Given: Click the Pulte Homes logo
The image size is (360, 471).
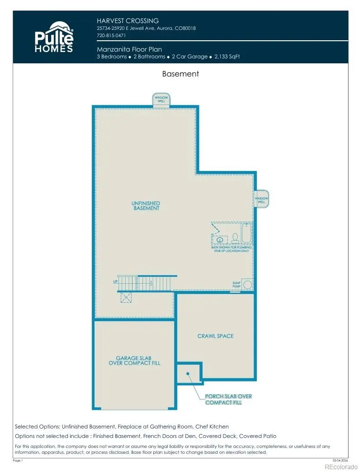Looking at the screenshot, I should click(x=54, y=37).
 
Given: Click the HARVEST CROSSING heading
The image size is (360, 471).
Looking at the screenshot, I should click(x=127, y=21).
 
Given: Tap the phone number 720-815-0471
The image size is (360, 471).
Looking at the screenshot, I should click(x=111, y=35).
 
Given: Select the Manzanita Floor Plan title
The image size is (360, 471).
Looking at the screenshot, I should click(x=129, y=49).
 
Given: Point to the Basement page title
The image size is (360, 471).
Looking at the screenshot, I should click(x=180, y=74).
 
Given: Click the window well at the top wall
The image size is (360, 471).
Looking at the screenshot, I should click(x=161, y=100).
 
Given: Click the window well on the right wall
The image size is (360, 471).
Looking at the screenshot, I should click(x=261, y=199).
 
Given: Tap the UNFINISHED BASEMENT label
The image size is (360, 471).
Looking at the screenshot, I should click(x=146, y=206).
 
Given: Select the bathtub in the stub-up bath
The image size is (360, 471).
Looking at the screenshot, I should click(x=246, y=233).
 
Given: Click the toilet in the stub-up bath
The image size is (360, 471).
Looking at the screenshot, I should click(x=235, y=238).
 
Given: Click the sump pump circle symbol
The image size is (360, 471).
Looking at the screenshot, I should click(x=247, y=285).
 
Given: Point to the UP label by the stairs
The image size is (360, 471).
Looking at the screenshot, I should click(x=115, y=282).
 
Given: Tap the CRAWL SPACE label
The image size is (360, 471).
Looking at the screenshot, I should click(x=215, y=336).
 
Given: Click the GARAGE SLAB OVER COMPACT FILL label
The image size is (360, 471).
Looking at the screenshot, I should click(x=134, y=360).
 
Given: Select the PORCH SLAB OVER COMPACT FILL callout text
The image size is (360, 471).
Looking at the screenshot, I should click(x=228, y=400).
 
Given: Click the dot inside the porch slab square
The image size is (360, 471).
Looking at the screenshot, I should click(x=187, y=374).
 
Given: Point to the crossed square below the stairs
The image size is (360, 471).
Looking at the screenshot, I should click(x=126, y=297).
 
